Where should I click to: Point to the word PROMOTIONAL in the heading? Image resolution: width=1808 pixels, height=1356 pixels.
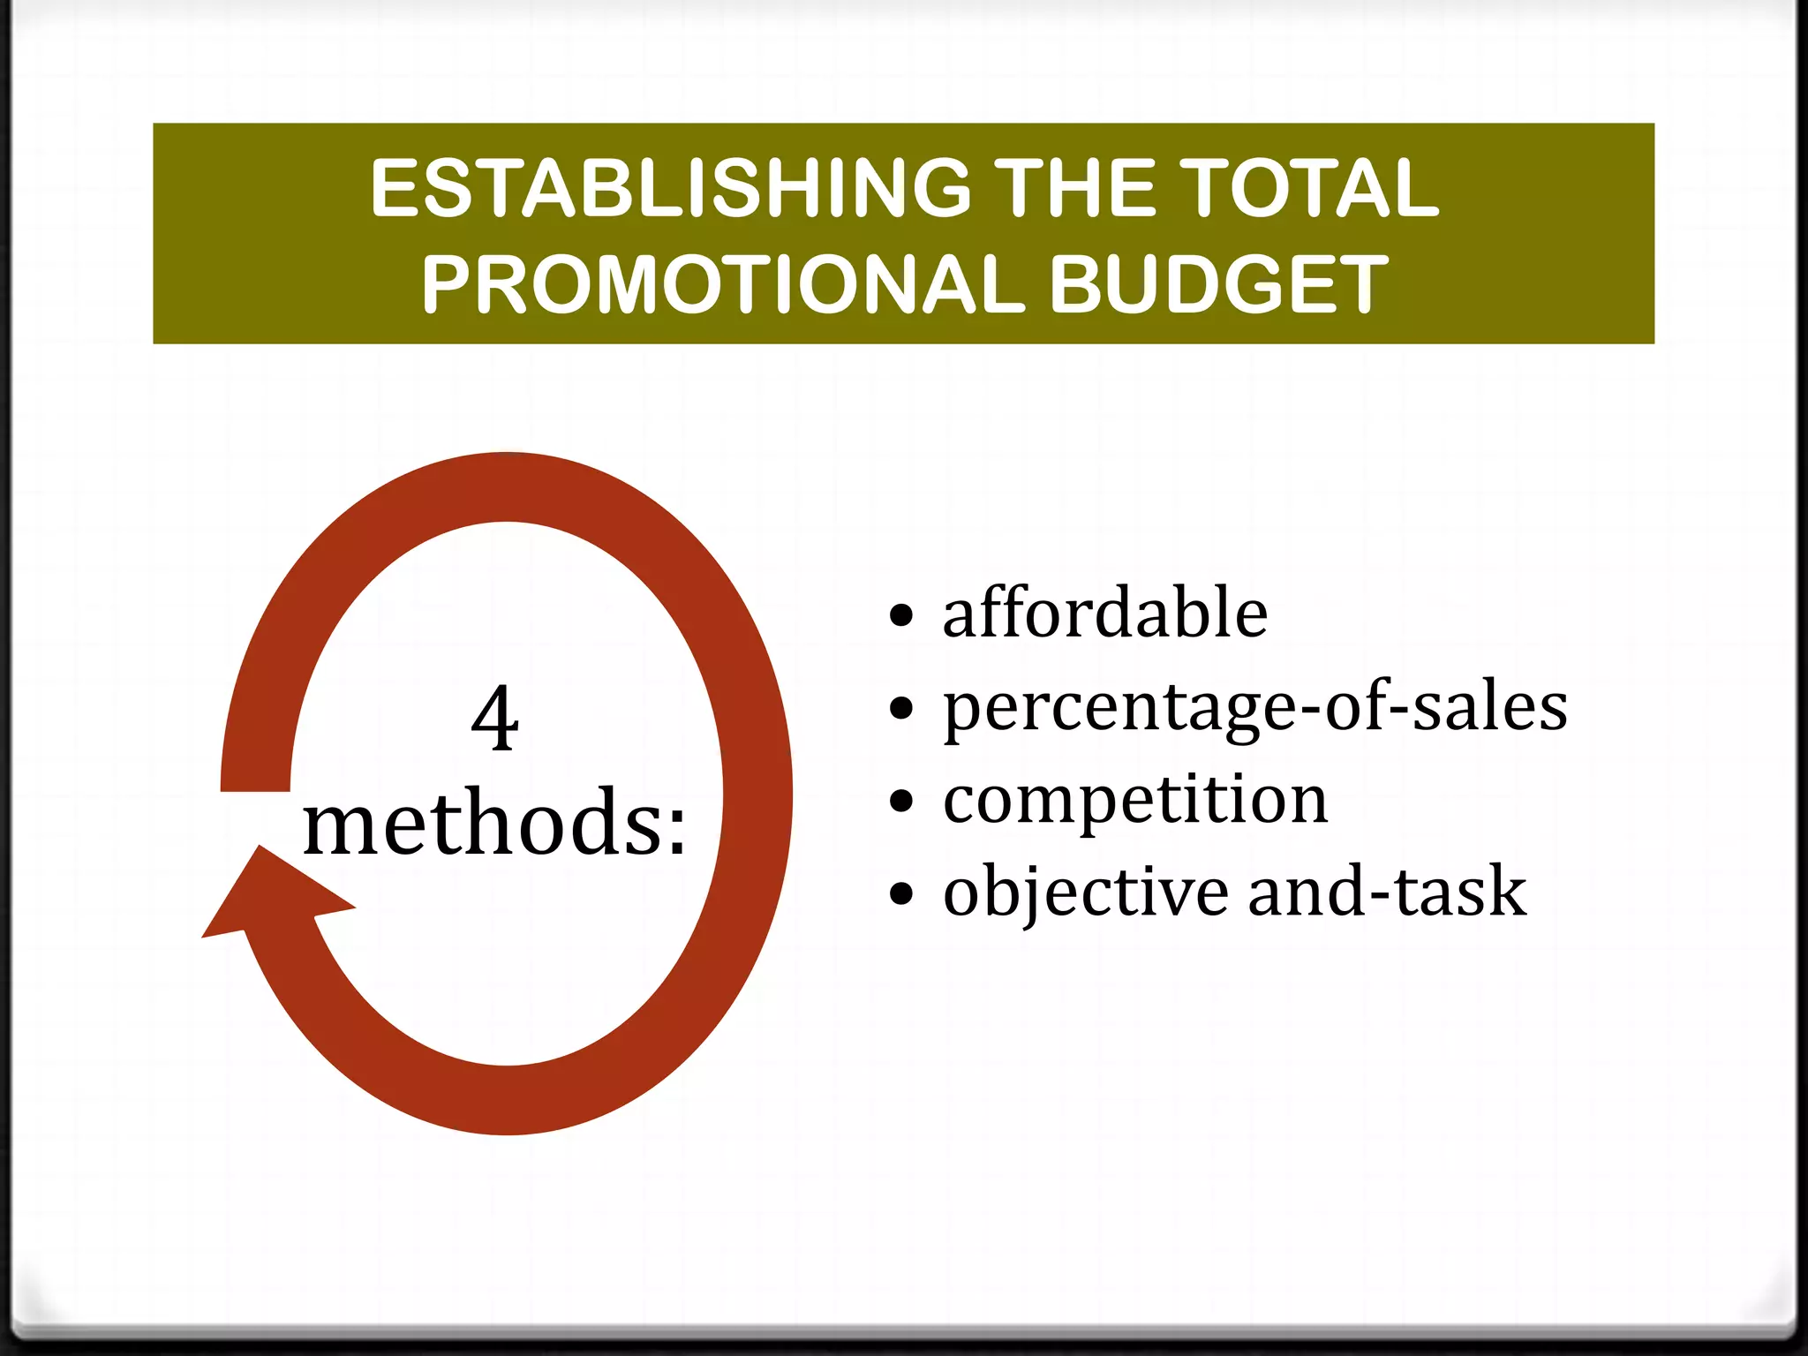[x=723, y=284]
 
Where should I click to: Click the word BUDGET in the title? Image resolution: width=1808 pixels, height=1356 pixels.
[x=1218, y=284]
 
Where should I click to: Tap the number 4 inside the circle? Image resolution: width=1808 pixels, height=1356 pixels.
[x=494, y=719]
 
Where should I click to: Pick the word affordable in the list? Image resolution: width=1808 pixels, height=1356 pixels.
[x=1104, y=613]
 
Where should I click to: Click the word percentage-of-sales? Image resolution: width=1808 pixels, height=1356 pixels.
[x=1254, y=708]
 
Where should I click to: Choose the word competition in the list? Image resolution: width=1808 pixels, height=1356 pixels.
[x=1135, y=800]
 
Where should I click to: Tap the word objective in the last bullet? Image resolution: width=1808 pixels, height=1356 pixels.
[x=1085, y=893]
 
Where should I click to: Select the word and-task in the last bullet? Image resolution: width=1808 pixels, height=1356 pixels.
[x=1387, y=891]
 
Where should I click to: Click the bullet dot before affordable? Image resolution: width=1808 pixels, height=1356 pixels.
[x=900, y=615]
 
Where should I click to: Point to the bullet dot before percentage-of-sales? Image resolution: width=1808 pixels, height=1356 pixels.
[x=900, y=708]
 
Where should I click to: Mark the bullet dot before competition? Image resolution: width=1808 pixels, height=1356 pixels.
[x=900, y=801]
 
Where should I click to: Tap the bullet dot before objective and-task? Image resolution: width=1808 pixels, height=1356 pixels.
[x=900, y=893]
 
